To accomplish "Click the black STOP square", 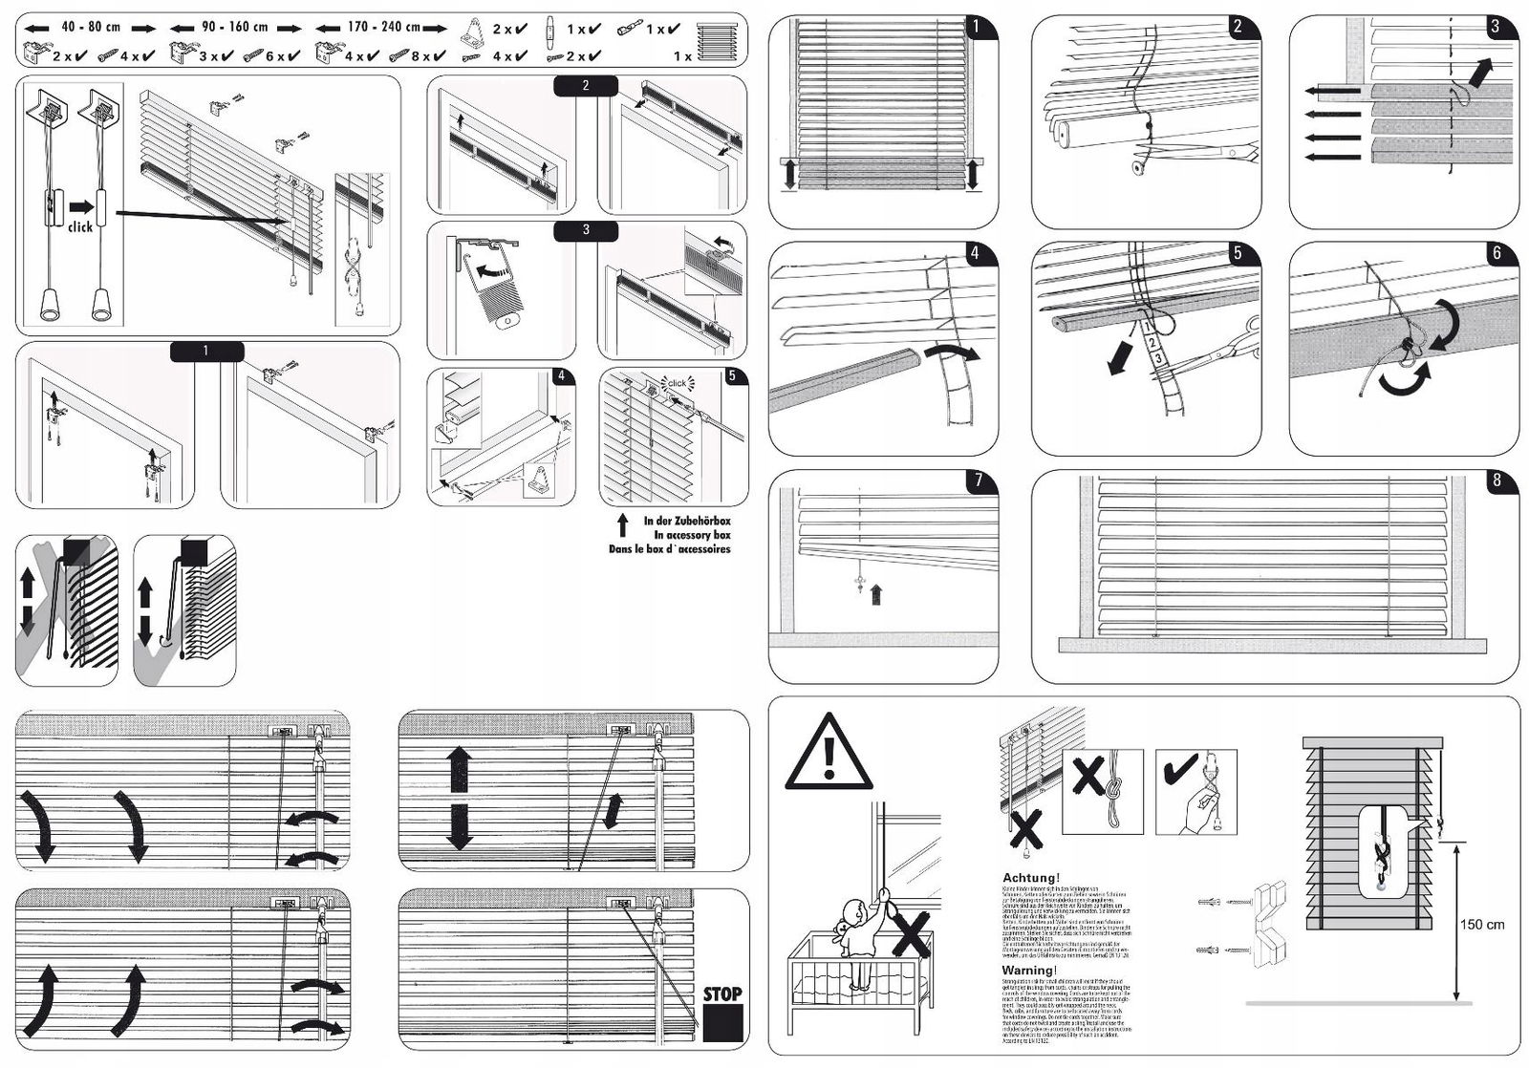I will point(722,1023).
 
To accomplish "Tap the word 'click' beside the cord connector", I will point(80,227).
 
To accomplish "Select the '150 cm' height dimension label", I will point(1481,925).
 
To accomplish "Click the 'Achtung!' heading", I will point(1030,878).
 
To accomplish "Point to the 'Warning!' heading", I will point(1030,971).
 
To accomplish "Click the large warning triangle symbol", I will point(828,755).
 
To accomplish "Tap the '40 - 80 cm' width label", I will point(91,28).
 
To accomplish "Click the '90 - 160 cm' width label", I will point(235,28).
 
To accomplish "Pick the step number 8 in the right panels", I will point(1497,481).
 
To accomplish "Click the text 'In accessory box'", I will point(692,535).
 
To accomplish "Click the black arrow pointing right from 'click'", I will point(82,206).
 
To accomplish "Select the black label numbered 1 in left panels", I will point(205,352).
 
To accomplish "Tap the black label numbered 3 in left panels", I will point(585,230).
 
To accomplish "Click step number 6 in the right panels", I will point(1497,253).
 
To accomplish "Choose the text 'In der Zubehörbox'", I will point(686,522).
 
